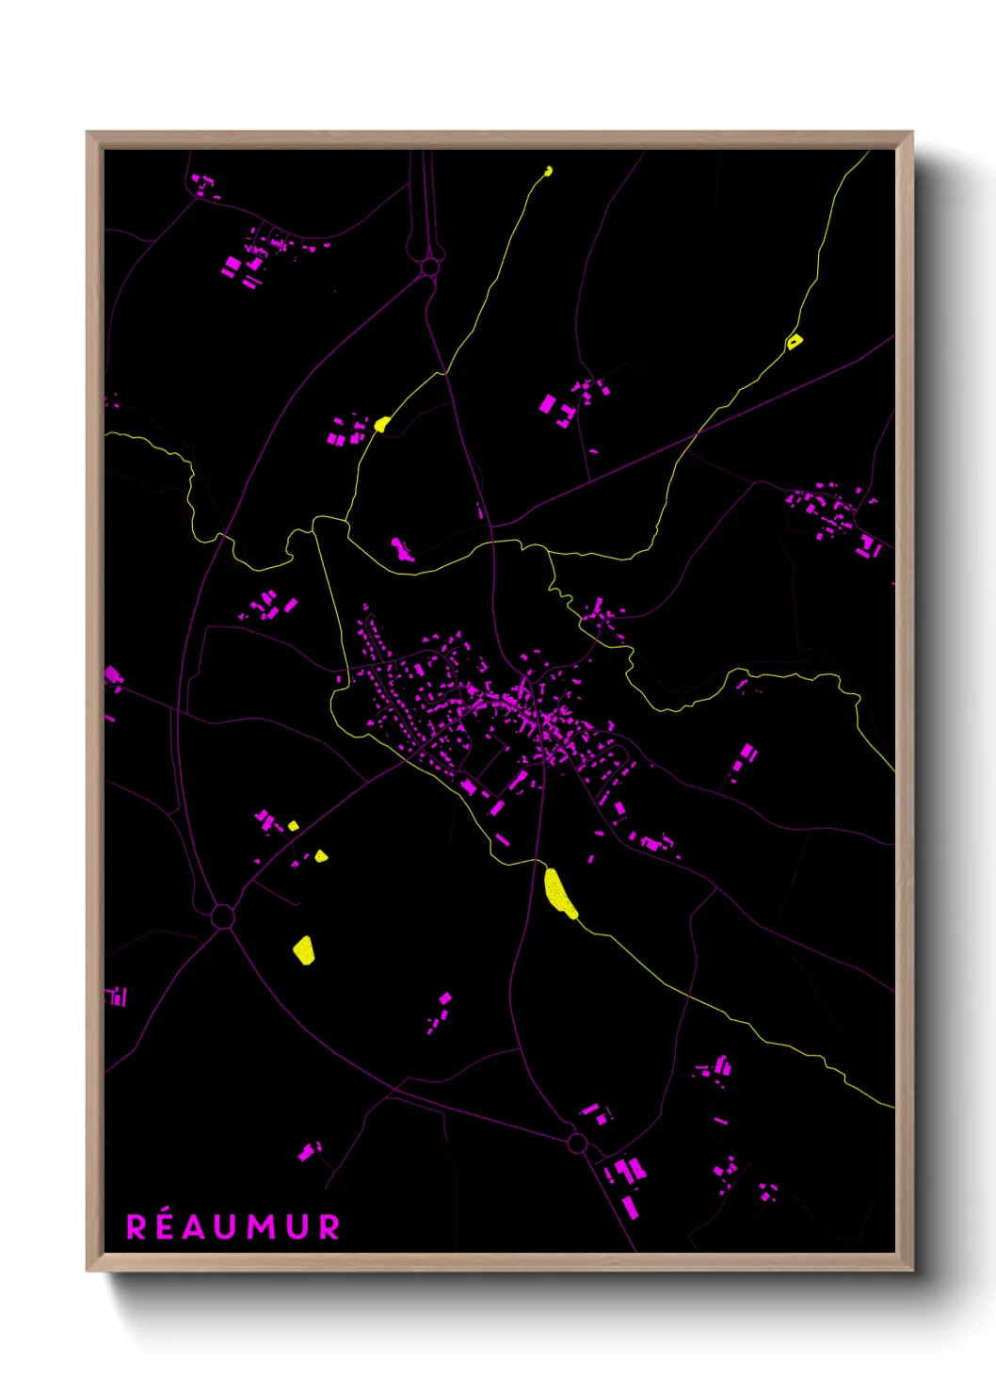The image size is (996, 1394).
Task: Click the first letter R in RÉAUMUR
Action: coord(137,1227)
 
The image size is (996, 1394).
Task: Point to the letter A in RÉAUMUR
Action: coord(195,1227)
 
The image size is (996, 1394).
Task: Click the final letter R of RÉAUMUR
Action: coord(329,1227)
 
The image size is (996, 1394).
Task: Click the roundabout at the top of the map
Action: coord(430,267)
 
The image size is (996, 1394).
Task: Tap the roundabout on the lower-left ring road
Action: coord(223,916)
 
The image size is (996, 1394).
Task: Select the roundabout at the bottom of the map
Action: coord(577,1143)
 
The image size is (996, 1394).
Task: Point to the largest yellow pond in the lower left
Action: coord(304,950)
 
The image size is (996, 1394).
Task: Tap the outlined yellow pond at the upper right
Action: coord(795,341)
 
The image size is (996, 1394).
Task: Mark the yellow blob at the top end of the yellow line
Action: coord(549,171)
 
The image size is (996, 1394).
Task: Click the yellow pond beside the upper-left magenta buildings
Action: coord(381,424)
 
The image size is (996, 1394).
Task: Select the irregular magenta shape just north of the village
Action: coord(402,550)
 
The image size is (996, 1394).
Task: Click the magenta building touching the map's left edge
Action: coord(112,674)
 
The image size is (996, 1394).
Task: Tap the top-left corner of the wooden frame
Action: coord(88,134)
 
